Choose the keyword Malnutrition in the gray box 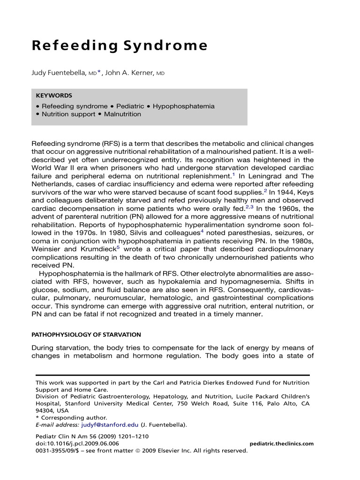coord(122,114)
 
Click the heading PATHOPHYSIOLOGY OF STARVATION coord(85,335)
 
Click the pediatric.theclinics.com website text coord(282,443)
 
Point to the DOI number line coord(77,443)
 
